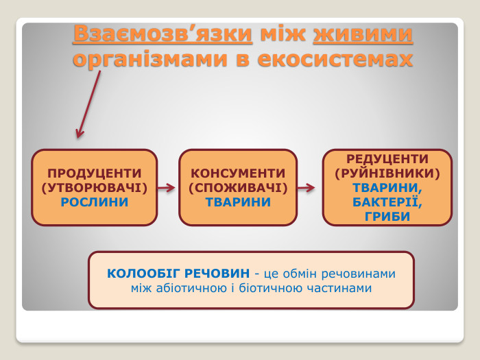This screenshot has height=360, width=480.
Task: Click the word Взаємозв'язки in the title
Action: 162,34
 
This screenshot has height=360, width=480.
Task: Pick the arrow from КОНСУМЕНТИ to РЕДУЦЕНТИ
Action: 307,187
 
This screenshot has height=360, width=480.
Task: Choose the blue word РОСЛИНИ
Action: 95,202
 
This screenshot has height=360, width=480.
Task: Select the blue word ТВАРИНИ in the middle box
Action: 237,202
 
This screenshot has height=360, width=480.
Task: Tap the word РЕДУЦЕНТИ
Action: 387,158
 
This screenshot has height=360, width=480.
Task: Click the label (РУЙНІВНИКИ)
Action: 387,173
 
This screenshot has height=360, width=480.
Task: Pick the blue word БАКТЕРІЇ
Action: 387,202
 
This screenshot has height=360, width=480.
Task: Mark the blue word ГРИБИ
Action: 387,216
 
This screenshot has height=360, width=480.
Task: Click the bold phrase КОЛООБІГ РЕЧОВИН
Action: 178,274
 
